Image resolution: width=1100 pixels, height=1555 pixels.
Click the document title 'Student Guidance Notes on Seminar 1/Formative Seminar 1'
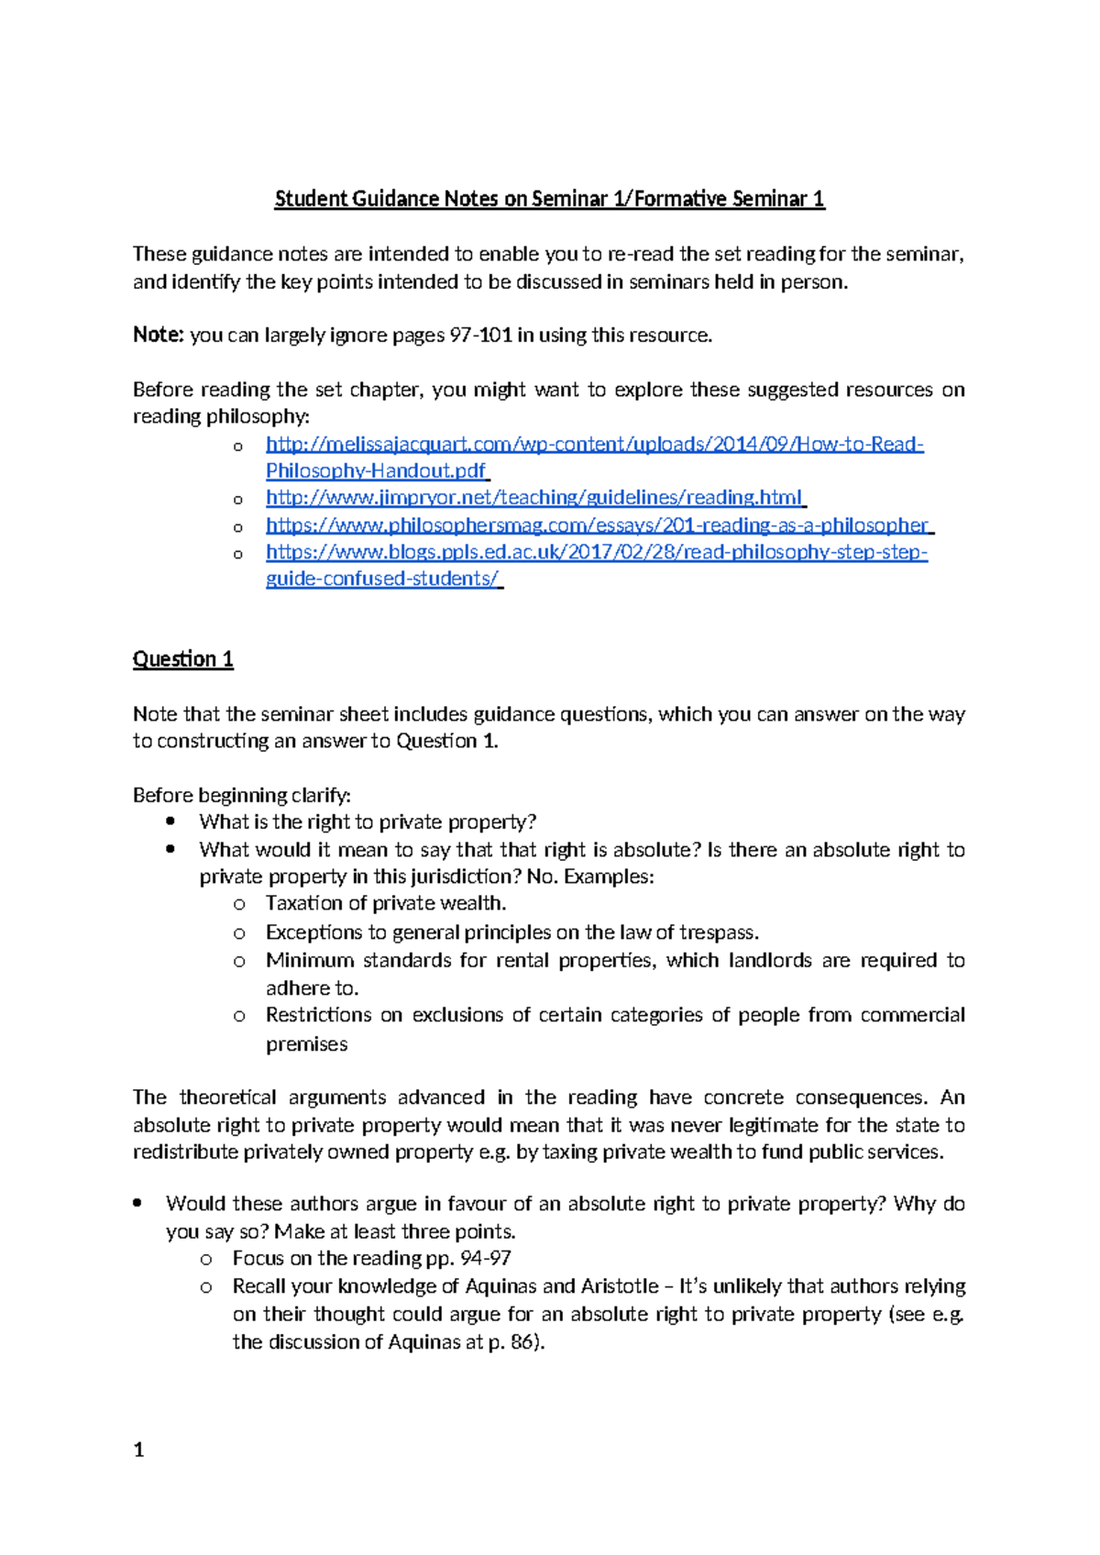click(x=549, y=199)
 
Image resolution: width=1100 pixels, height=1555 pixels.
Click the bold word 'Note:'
click(x=159, y=335)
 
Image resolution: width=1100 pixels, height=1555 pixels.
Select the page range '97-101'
click(x=480, y=335)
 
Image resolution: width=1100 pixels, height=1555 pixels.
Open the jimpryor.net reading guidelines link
click(x=533, y=497)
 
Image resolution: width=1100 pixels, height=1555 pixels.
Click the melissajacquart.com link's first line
click(x=594, y=444)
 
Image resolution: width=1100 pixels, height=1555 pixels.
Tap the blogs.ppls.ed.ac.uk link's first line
click(x=596, y=552)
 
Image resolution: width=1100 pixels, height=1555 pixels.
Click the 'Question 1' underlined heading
click(x=182, y=659)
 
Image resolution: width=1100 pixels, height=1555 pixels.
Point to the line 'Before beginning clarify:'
click(x=241, y=795)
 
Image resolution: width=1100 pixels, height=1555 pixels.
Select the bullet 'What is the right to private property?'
click(x=367, y=822)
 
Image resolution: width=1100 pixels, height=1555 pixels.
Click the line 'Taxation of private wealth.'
click(x=385, y=903)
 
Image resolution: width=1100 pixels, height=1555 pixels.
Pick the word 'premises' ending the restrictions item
click(x=306, y=1044)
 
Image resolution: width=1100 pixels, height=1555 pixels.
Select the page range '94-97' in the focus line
click(x=485, y=1258)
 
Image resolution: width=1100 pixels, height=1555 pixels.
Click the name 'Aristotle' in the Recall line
click(x=619, y=1286)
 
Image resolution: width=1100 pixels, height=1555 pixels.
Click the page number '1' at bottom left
click(x=138, y=1450)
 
